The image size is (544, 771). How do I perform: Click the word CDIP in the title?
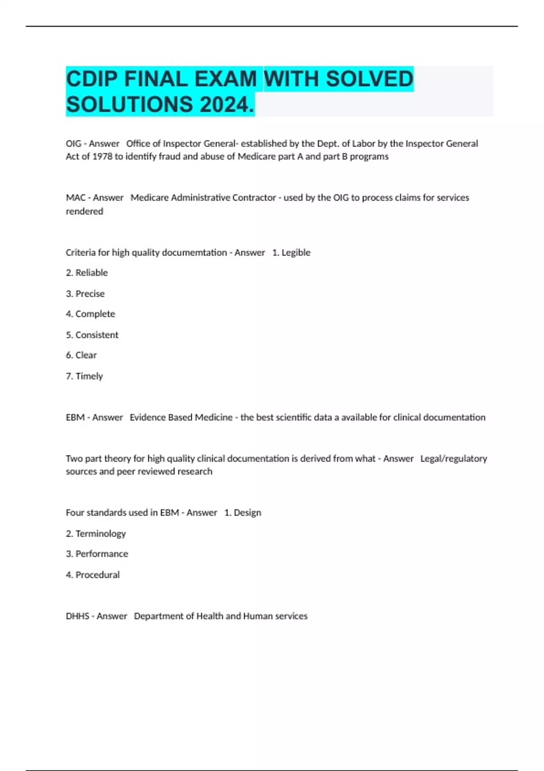tap(92, 79)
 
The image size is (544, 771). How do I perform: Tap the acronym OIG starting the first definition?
tap(73, 144)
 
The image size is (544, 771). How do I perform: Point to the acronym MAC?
tap(75, 198)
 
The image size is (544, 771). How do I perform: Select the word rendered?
tap(84, 211)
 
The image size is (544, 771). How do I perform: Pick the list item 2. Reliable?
tap(87, 273)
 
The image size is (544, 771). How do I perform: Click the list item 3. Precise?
tap(85, 293)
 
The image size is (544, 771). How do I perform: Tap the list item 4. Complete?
tap(90, 314)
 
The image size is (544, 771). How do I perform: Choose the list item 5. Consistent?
tap(92, 335)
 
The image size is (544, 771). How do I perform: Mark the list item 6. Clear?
tap(81, 355)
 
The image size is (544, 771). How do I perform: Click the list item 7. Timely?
tap(84, 376)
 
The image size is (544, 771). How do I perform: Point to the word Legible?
tap(296, 253)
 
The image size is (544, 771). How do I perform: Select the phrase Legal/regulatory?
tap(453, 459)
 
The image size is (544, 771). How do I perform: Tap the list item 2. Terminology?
tap(96, 533)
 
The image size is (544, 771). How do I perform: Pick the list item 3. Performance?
tap(97, 554)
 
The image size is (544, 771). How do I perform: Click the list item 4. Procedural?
tap(93, 575)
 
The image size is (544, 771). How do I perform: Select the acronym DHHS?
tap(77, 616)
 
